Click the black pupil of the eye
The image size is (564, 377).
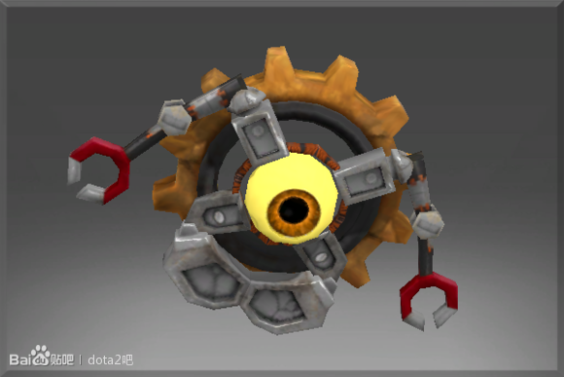[x=294, y=210]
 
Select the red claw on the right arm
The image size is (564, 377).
[x=429, y=295]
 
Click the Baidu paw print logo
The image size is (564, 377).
[x=40, y=356]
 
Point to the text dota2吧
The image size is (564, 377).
[x=111, y=359]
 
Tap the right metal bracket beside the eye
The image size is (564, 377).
[x=365, y=177]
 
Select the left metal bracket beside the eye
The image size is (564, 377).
[x=217, y=215]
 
